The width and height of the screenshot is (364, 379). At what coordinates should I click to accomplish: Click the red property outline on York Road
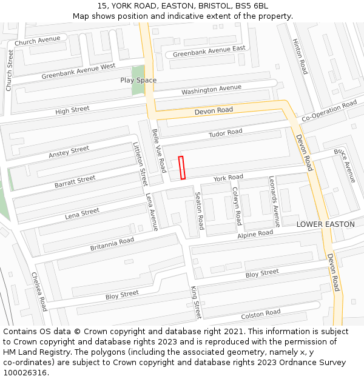pyautogui.click(x=181, y=167)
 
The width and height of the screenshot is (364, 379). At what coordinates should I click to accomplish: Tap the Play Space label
pyautogui.click(x=138, y=80)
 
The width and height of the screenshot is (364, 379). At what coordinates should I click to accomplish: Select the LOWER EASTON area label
pyautogui.click(x=325, y=224)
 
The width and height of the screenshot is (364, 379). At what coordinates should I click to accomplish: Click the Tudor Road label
pyautogui.click(x=225, y=132)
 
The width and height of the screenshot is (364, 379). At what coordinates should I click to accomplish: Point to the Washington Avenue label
pyautogui.click(x=211, y=90)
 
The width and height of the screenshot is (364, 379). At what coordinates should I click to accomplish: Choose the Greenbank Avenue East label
pyautogui.click(x=209, y=51)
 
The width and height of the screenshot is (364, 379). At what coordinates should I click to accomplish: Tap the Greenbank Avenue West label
pyautogui.click(x=78, y=71)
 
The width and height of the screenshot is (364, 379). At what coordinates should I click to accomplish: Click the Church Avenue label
pyautogui.click(x=38, y=41)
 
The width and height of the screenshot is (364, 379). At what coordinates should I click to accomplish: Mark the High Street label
pyautogui.click(x=72, y=110)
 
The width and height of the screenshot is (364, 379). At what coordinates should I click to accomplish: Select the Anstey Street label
pyautogui.click(x=69, y=152)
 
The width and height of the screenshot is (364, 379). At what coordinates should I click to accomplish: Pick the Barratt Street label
pyautogui.click(x=75, y=180)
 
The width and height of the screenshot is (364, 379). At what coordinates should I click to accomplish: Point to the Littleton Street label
pyautogui.click(x=140, y=164)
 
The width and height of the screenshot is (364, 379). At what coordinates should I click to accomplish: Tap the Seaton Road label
pyautogui.click(x=199, y=213)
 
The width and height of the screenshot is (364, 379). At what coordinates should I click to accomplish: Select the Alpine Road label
pyautogui.click(x=255, y=234)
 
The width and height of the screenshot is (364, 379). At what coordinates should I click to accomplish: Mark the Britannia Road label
pyautogui.click(x=112, y=244)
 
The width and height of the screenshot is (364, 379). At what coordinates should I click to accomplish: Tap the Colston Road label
pyautogui.click(x=261, y=314)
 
